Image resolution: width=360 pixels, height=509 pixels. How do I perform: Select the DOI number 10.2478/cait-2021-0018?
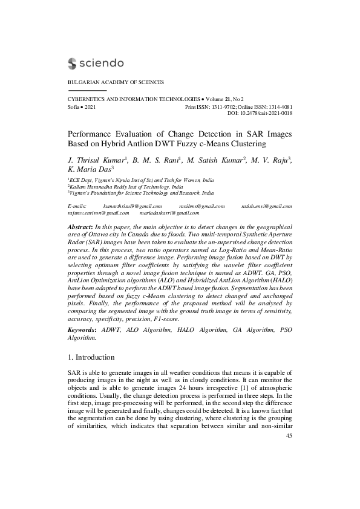pos(268,113)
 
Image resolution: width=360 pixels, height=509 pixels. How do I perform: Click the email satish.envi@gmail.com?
pos(267,206)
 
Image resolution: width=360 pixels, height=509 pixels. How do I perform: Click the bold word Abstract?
pos(80,225)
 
